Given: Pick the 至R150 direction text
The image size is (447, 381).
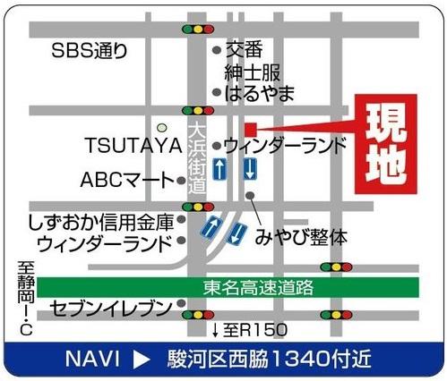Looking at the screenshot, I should pos(254,331).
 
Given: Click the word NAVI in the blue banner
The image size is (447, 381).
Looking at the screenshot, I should pos(92,359).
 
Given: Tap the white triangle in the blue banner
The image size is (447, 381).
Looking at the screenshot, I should pos(142,359).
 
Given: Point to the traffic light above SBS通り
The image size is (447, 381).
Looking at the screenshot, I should pos(197,29).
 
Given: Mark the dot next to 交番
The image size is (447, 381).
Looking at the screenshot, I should pos(216,51).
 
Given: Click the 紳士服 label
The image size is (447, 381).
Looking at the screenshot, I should pos(252,72).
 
